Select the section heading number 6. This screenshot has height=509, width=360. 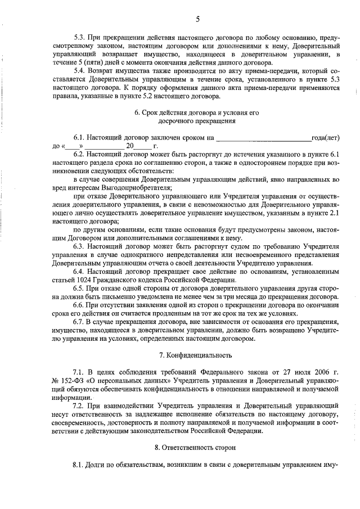(x=137, y=112)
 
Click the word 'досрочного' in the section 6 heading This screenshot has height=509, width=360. (x=176, y=121)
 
